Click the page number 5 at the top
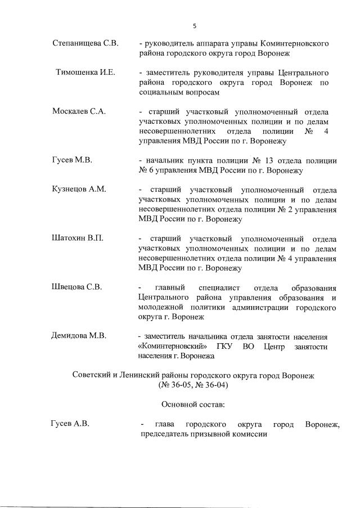click(194, 25)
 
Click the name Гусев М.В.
click(72, 160)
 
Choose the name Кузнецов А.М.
click(79, 190)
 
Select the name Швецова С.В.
click(77, 287)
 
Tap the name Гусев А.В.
click(70, 423)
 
